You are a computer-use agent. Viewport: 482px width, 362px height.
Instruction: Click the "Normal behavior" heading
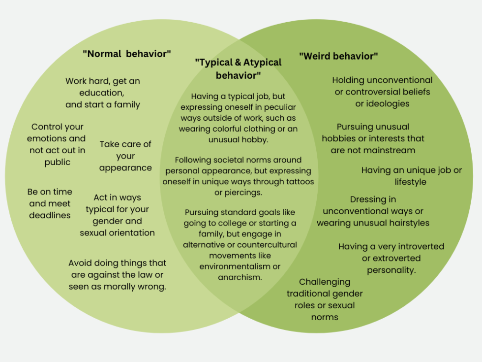click(126, 54)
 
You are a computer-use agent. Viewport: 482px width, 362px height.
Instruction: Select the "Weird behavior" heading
click(338, 56)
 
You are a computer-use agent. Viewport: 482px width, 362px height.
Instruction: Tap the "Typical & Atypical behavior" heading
click(238, 69)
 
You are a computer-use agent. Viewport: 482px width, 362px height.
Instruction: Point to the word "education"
click(103, 93)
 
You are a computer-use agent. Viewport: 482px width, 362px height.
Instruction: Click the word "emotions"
click(56, 138)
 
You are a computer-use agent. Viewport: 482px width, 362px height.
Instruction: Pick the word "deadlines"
click(50, 215)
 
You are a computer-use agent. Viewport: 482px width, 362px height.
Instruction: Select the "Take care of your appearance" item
click(125, 156)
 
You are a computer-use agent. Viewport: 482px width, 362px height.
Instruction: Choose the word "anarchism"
click(240, 277)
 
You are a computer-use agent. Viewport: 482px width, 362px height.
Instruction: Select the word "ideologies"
click(382, 103)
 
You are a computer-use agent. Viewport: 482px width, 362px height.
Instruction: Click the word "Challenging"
click(325, 282)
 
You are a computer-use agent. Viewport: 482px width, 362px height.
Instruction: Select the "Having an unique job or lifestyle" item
click(411, 176)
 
